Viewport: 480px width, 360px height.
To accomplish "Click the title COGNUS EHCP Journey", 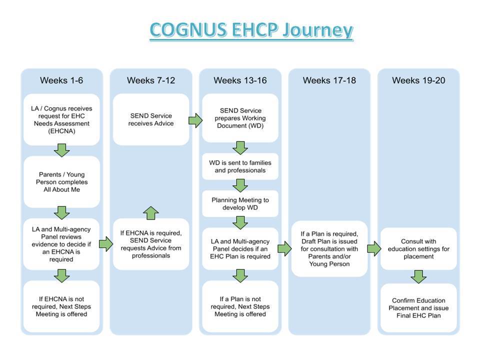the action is point(251,30).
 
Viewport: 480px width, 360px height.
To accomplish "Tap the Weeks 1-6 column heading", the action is point(61,80).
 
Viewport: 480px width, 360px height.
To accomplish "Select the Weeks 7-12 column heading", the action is point(151,80).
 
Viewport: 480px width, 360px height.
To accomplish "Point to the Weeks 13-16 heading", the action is point(240,80).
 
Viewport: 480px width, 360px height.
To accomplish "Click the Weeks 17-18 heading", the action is point(329,80).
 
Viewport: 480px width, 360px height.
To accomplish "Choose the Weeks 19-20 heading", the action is point(418,80).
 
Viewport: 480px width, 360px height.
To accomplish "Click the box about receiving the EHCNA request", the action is point(61,119).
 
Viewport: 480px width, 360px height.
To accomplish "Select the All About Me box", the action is point(61,182).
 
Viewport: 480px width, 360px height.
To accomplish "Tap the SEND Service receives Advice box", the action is point(151,119).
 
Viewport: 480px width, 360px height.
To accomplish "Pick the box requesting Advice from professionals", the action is point(151,244).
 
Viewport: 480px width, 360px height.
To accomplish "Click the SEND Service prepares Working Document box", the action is point(240,118).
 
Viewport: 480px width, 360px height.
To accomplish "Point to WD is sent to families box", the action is point(240,166).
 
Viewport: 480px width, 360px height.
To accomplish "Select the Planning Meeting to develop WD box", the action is point(240,204).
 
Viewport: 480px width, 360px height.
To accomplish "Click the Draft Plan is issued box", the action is point(329,249).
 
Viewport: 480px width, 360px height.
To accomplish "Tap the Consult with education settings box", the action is point(418,249).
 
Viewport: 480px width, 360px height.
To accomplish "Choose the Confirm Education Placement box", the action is point(418,308).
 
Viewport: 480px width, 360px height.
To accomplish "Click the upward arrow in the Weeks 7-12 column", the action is point(151,213).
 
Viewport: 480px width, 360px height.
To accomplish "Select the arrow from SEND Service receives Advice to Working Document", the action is point(195,120).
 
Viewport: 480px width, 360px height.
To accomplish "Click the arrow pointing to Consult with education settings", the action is point(374,248).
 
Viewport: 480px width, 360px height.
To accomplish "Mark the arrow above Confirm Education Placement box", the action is point(418,276).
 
